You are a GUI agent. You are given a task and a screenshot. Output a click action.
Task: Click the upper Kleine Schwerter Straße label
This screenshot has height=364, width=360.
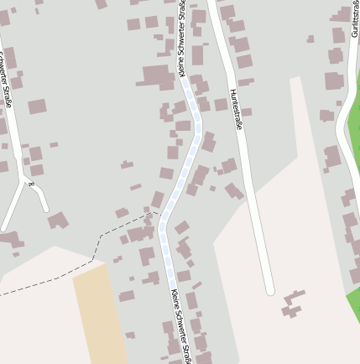point(183,39)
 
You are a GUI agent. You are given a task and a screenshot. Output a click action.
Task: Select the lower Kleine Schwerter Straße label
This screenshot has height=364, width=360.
point(182,326)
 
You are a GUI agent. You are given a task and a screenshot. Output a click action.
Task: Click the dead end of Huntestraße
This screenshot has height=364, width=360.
point(269,290)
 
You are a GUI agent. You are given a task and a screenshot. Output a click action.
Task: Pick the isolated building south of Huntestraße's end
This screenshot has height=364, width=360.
point(293,304)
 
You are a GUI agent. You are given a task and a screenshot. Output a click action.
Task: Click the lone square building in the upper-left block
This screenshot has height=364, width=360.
point(37,107)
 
